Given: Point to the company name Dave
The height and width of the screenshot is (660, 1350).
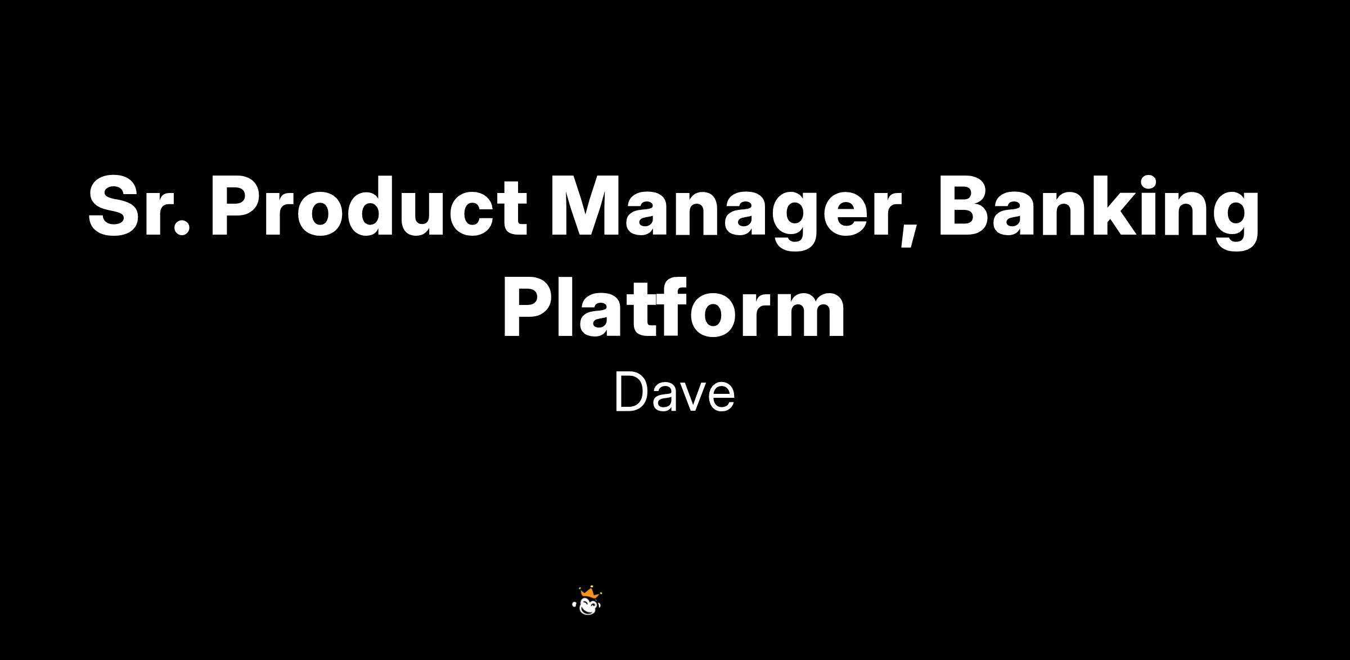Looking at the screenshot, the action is (x=674, y=392).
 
